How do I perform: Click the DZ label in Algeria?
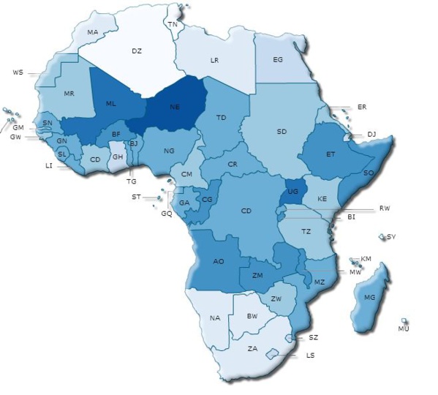(x=136, y=50)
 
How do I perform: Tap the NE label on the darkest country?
(x=175, y=107)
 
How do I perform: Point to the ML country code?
(x=110, y=104)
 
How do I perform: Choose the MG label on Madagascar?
(x=369, y=297)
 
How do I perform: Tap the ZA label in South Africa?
(x=252, y=348)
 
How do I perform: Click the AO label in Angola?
(x=219, y=261)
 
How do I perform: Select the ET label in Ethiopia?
(x=331, y=154)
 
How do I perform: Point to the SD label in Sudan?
(x=282, y=132)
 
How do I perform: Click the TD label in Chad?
(x=221, y=117)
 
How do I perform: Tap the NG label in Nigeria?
(x=169, y=151)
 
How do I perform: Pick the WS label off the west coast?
(x=18, y=73)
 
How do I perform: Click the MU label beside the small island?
(x=404, y=329)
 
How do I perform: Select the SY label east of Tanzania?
(x=391, y=236)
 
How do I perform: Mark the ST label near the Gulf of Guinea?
(x=136, y=197)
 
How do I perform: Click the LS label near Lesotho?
(x=311, y=355)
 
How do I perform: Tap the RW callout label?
(x=384, y=208)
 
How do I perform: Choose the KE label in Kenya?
(x=322, y=199)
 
